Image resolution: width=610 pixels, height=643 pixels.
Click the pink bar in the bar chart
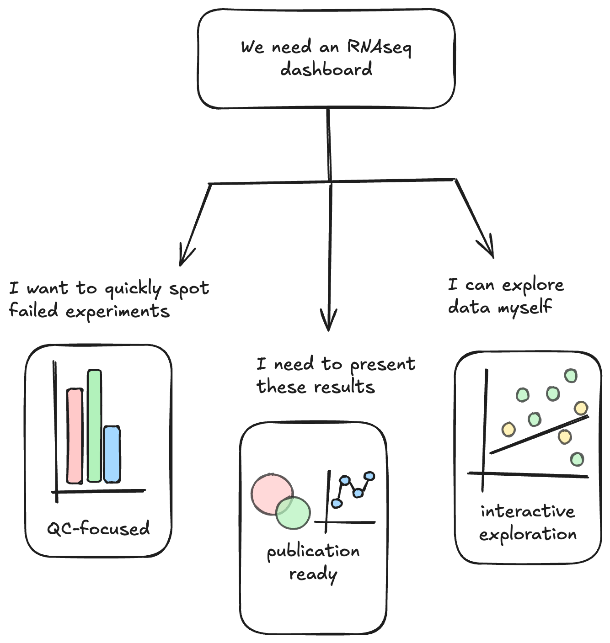tap(75, 436)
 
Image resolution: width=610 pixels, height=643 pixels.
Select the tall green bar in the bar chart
tap(94, 425)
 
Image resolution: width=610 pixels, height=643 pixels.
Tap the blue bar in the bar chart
tap(112, 454)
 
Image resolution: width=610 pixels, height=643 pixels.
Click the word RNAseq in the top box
tap(379, 48)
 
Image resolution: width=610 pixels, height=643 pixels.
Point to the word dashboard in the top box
tap(326, 70)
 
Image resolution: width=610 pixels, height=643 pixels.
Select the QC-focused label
tap(98, 529)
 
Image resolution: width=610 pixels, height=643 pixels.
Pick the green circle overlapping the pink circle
tap(294, 513)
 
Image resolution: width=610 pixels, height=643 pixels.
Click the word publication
tap(313, 552)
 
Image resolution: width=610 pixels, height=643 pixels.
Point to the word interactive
tap(527, 511)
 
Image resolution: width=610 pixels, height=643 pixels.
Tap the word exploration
tap(528, 534)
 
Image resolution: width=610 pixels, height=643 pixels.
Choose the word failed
tap(33, 310)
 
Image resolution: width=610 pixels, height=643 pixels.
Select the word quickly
tap(133, 289)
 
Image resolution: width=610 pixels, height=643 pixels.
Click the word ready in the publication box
tap(313, 574)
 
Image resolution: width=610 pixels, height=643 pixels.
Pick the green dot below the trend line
tap(577, 459)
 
